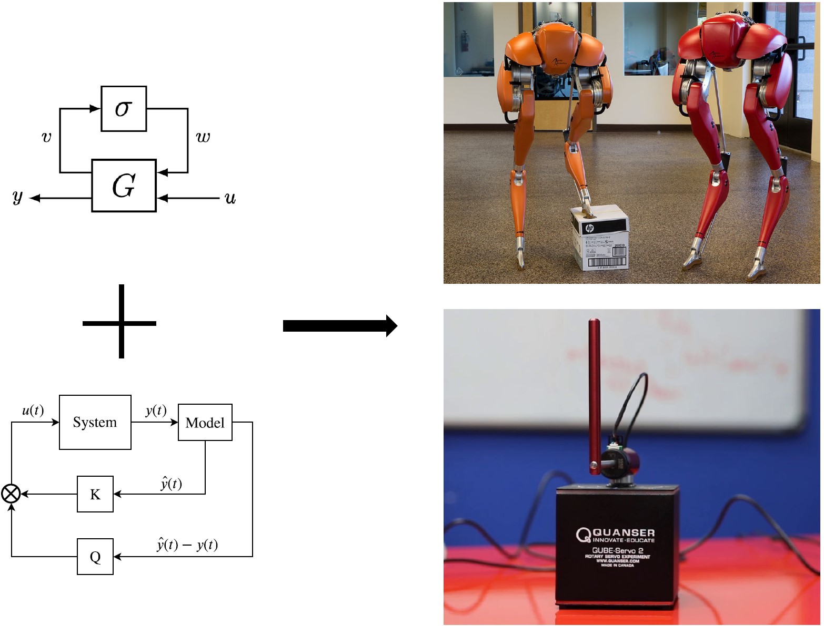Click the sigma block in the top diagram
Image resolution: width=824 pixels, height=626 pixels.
click(x=124, y=109)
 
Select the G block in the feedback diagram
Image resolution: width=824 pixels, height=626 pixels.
click(x=124, y=186)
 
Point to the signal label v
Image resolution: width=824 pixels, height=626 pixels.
click(x=46, y=138)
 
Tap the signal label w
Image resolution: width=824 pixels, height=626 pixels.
click(x=203, y=138)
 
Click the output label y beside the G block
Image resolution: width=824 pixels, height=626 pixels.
click(x=18, y=197)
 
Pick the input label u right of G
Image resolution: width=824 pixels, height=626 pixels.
click(x=230, y=198)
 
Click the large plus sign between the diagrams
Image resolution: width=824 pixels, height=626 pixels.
click(x=120, y=322)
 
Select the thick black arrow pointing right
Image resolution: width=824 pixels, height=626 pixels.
click(x=339, y=326)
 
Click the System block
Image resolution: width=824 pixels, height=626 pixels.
click(x=95, y=423)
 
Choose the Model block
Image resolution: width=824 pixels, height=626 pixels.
click(x=205, y=423)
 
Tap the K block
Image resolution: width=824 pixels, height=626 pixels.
click(x=95, y=494)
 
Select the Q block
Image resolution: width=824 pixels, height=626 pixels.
click(x=95, y=557)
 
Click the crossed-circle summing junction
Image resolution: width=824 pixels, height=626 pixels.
click(x=11, y=494)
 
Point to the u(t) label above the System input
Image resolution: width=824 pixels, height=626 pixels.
click(x=33, y=411)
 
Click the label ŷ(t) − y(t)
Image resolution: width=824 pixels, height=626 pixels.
click(x=187, y=545)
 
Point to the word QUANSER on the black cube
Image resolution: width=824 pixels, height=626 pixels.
click(x=624, y=532)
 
